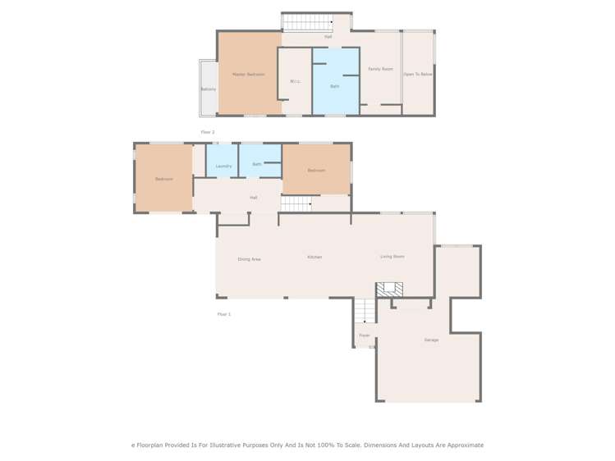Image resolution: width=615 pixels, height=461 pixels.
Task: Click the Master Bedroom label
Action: [248, 75]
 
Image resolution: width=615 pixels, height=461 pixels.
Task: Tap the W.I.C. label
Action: [296, 81]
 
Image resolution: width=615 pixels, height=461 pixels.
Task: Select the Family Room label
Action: [380, 69]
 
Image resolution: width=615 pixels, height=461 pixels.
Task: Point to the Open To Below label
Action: [417, 75]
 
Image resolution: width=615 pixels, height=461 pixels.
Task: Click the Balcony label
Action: [209, 89]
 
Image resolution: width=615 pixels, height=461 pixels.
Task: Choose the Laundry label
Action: [223, 167]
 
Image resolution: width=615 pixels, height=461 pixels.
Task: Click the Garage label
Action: [431, 340]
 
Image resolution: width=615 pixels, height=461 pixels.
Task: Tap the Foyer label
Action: [365, 335]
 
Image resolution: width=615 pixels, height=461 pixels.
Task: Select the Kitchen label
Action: [314, 257]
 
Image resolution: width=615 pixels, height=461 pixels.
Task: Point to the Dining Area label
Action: [249, 259]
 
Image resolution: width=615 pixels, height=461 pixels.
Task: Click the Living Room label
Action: [392, 257]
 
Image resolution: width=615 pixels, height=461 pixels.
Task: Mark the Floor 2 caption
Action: [208, 132]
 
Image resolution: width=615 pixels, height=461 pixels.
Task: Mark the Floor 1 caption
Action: [223, 314]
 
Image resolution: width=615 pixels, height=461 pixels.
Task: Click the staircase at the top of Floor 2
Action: [306, 22]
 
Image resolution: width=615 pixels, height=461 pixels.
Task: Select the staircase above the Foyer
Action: [365, 311]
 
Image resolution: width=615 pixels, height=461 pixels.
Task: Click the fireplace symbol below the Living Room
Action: [389, 290]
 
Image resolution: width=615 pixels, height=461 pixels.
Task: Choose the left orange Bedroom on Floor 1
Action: [163, 178]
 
